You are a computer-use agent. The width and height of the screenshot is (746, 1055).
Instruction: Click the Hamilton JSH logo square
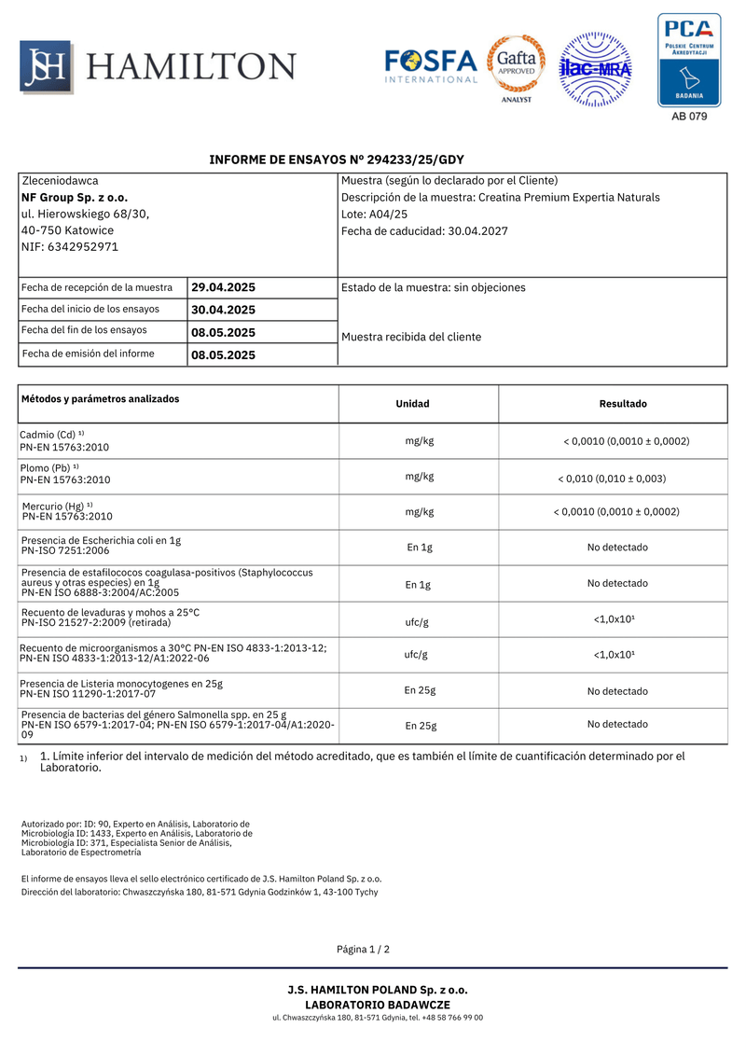click(46, 66)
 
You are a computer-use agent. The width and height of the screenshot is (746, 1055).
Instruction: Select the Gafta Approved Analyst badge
click(517, 67)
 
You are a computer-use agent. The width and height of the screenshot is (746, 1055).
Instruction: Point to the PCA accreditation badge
click(689, 61)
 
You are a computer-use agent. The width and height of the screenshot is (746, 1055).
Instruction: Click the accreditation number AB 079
click(689, 117)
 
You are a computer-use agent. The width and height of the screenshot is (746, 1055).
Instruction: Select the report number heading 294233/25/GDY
click(337, 160)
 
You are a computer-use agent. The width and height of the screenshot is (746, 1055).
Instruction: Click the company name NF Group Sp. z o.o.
click(75, 198)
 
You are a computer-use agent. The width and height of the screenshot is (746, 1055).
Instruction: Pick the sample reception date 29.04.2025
click(223, 287)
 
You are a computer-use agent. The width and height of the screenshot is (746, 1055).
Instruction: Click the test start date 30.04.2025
click(223, 310)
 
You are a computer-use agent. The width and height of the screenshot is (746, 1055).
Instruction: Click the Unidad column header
click(412, 404)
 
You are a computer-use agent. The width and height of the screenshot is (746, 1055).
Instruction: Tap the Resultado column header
click(622, 404)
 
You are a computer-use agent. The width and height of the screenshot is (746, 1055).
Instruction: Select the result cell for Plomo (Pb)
click(612, 479)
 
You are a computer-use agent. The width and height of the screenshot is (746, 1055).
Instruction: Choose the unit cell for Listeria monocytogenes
click(421, 691)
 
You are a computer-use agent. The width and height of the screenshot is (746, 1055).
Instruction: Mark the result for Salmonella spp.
click(617, 724)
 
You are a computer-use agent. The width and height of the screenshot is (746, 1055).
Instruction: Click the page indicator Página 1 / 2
click(364, 950)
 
